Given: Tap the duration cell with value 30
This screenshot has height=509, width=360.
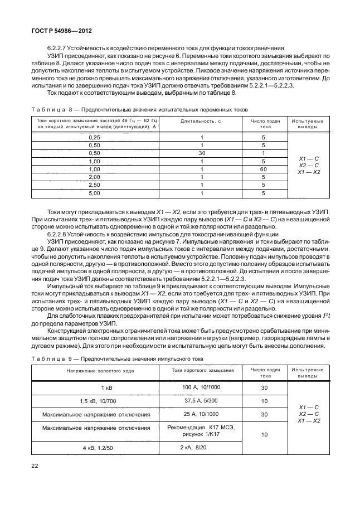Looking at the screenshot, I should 204,153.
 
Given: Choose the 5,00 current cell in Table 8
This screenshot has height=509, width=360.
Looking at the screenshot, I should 95,193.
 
